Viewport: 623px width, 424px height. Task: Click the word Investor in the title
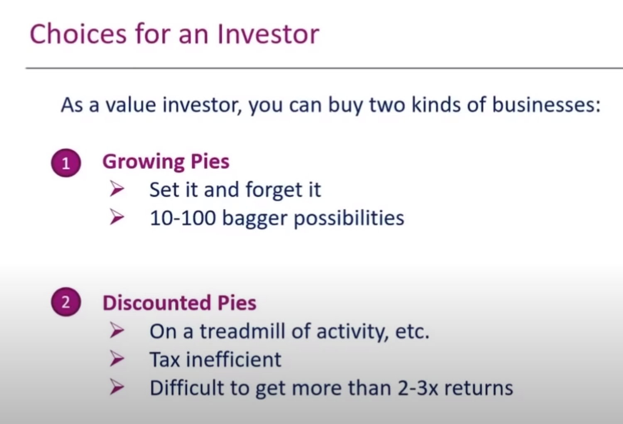(x=268, y=34)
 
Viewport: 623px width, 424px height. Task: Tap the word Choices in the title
(x=78, y=34)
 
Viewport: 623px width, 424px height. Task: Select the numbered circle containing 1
(x=66, y=163)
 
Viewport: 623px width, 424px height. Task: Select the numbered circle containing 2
(x=66, y=302)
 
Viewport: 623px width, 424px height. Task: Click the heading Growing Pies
(x=166, y=162)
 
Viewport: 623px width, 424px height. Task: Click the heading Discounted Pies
(x=179, y=303)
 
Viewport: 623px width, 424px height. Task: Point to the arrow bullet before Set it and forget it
(x=117, y=189)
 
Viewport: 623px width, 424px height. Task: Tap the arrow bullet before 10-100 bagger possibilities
(x=117, y=217)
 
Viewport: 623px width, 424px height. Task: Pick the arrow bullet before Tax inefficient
(x=117, y=358)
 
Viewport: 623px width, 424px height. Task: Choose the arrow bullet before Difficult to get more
(x=117, y=387)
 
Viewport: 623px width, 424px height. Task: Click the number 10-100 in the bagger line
(x=183, y=218)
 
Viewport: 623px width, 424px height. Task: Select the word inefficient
(x=234, y=359)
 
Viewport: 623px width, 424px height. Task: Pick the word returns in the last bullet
(x=479, y=389)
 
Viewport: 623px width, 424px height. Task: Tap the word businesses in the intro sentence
(x=546, y=105)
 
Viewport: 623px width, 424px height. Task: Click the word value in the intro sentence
(x=131, y=105)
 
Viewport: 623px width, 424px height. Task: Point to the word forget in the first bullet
(x=269, y=191)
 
